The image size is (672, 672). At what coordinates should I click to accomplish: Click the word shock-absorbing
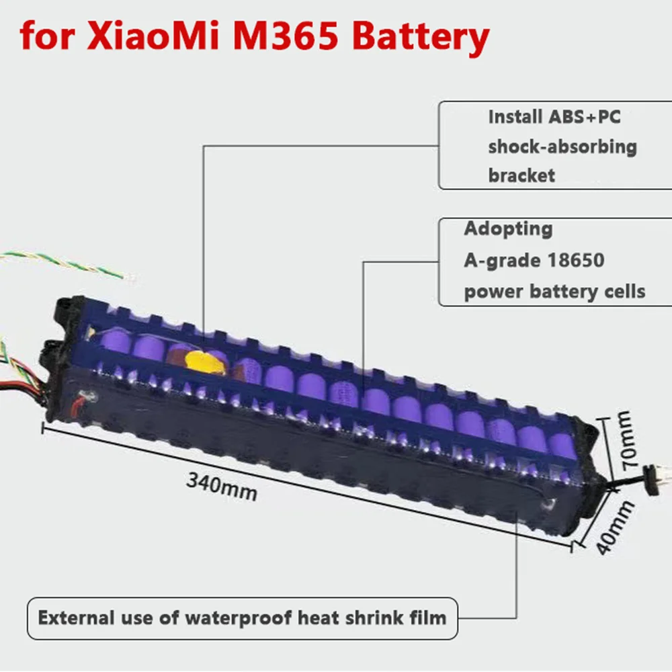tap(562, 146)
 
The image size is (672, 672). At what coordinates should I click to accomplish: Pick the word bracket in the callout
tap(521, 175)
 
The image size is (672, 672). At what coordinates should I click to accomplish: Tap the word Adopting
tap(508, 228)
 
